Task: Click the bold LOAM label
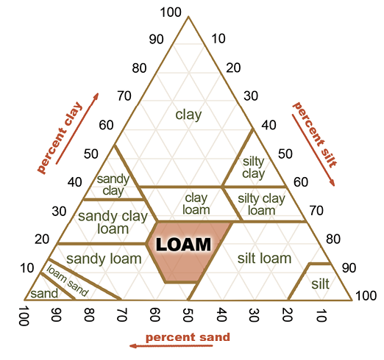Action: point(183,245)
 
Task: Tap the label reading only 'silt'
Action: point(320,284)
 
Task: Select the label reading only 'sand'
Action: point(44,293)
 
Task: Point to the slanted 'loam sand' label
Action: point(67,281)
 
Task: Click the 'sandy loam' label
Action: point(104,259)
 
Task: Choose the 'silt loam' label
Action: point(264,258)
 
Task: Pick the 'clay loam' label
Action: point(196,204)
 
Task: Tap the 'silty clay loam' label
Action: point(261,204)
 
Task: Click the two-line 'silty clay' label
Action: point(254,168)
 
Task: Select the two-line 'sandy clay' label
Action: point(113,185)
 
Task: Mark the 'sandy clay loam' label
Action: point(113,223)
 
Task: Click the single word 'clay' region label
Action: point(188,115)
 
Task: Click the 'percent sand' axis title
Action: point(188,337)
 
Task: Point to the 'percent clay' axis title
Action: point(60,137)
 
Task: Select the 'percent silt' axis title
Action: point(315,135)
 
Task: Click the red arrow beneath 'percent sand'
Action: point(171,346)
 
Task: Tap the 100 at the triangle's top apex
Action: point(171,12)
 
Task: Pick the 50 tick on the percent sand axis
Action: point(188,314)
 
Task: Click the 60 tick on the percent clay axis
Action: point(106,125)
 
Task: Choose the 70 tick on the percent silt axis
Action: point(316,210)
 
